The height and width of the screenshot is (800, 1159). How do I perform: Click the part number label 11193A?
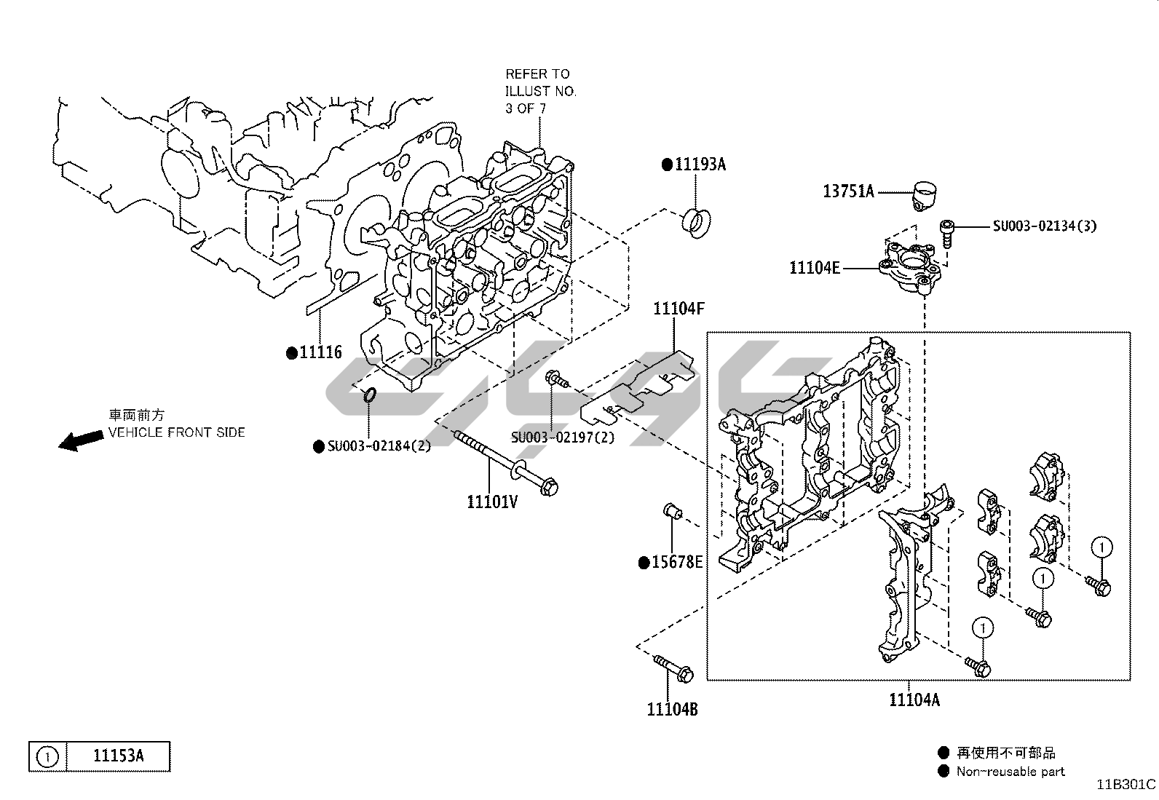700,165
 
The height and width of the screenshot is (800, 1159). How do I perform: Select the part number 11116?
320,353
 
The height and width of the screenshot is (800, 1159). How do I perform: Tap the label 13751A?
848,191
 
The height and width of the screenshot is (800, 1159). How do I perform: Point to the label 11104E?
815,268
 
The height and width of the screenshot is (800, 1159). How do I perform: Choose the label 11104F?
679,309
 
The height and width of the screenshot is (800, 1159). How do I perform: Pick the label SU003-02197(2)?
563,437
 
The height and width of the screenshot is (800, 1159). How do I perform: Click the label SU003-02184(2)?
379,445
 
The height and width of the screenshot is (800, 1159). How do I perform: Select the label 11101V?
492,502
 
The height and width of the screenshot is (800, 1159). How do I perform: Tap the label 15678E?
677,562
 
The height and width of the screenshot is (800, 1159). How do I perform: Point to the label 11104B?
672,708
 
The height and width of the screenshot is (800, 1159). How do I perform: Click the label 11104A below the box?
914,700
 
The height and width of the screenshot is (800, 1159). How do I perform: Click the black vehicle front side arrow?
80,440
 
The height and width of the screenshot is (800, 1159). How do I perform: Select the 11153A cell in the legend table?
118,756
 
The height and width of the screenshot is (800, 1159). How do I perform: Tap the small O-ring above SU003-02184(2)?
369,395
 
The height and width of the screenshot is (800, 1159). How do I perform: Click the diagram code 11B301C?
1127,784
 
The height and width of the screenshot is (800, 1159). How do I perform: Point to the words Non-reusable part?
1010,772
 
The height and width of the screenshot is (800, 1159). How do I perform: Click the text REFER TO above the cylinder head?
537,74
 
